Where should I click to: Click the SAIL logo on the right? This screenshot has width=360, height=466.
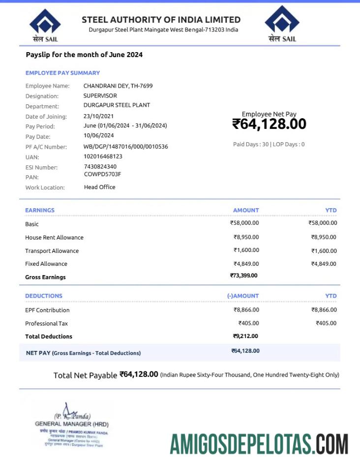pos(282,24)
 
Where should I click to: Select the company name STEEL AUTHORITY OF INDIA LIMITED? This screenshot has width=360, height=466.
pos(161,20)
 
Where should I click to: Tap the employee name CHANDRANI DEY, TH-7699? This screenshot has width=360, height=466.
pos(118,86)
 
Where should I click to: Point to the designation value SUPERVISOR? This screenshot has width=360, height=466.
pos(100,95)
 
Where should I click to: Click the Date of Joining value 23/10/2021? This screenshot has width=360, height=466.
pos(98,116)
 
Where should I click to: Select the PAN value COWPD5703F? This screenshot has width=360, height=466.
pos(102,174)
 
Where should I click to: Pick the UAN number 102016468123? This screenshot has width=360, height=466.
pos(103,156)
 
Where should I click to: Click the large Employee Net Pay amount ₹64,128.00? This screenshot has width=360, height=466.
pos(269,124)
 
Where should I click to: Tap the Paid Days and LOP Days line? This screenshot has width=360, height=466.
pos(269,144)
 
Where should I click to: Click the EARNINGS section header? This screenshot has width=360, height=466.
pos(40,210)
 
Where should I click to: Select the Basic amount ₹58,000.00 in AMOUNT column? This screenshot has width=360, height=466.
pos(244,223)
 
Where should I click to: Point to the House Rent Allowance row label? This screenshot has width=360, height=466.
pos(54,237)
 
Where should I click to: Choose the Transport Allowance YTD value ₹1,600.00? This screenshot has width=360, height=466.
pos(324,251)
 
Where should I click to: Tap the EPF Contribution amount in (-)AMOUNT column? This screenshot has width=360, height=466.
pos(246,310)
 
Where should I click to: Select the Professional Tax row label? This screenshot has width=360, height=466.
pos(46,323)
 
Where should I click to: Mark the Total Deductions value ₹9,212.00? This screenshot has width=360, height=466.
pos(245,336)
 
